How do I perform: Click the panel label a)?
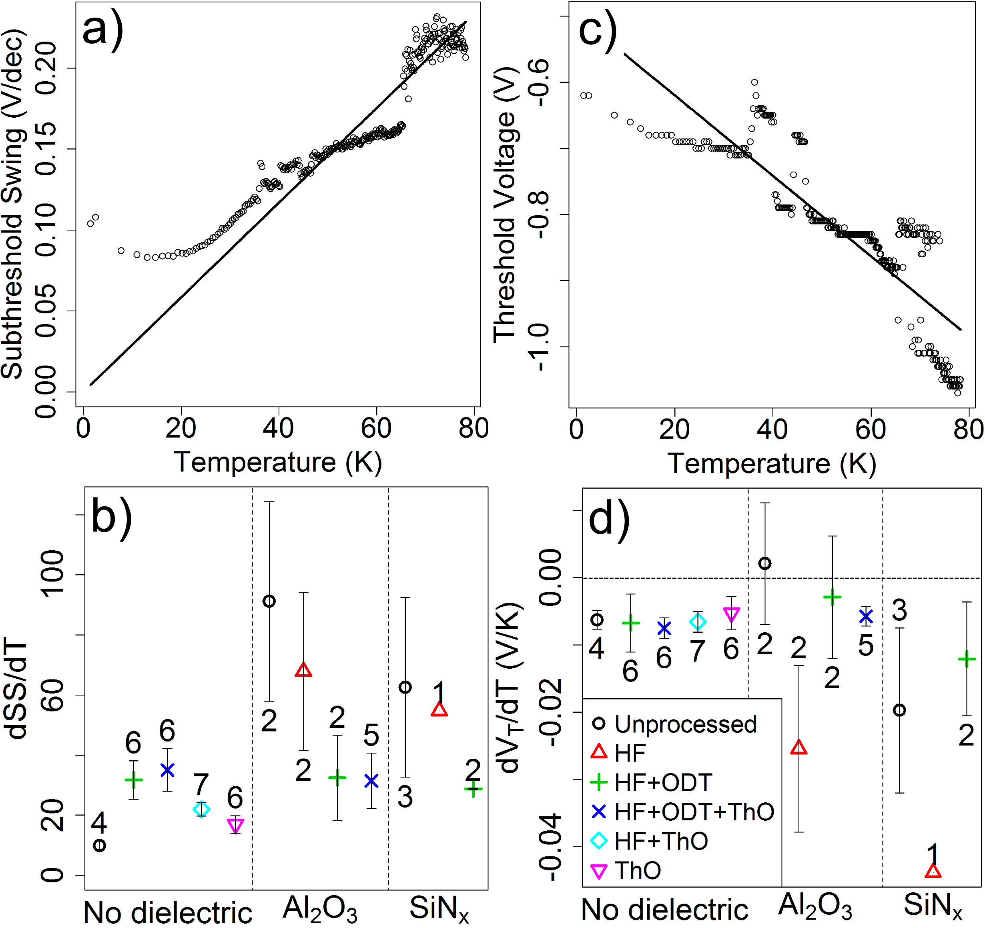pyautogui.click(x=102, y=31)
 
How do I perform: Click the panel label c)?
pyautogui.click(x=598, y=31)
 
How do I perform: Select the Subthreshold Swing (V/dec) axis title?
pyautogui.click(x=13, y=204)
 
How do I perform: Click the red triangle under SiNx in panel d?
pyautogui.click(x=933, y=871)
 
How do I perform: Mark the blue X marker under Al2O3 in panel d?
pyautogui.click(x=866, y=616)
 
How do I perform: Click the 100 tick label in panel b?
pyautogui.click(x=52, y=574)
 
